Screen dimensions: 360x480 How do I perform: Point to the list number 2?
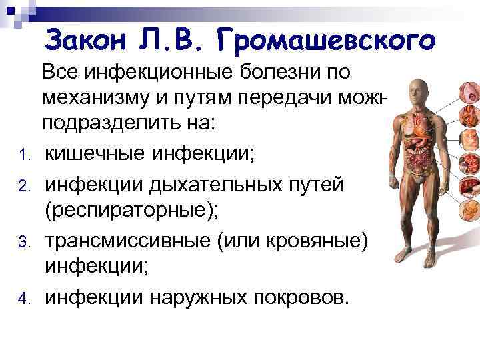click(23, 186)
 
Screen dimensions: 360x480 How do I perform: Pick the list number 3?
click(23, 242)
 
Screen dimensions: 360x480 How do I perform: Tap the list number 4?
click(23, 297)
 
